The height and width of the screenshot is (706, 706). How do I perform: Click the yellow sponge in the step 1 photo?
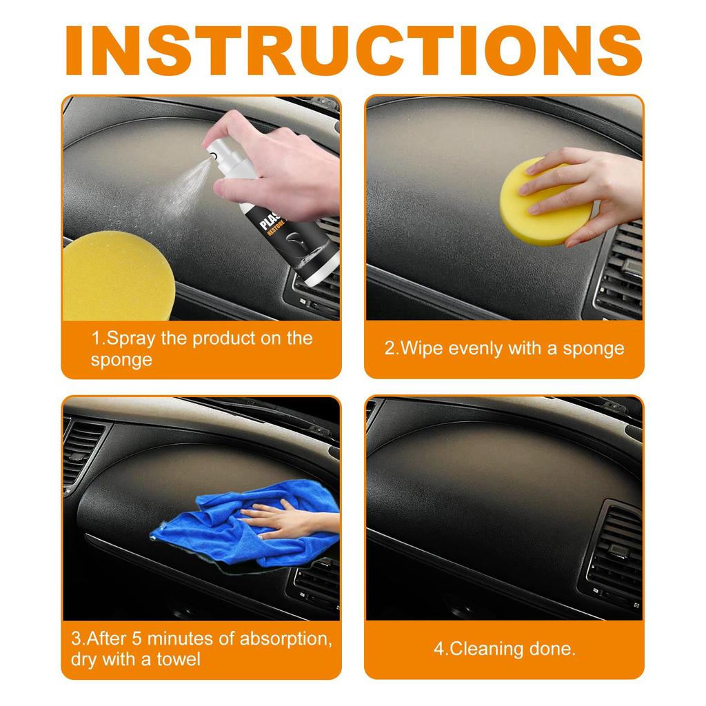(x=117, y=276)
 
